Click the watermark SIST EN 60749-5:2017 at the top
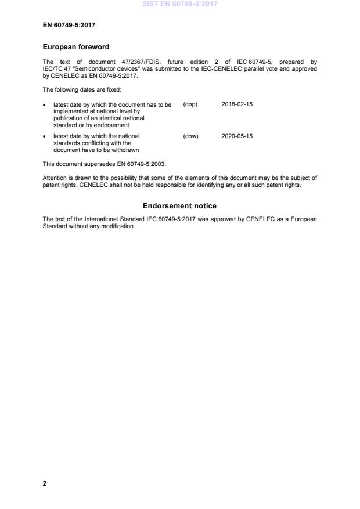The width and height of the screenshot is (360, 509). [179, 4]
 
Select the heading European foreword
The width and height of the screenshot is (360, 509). [76, 47]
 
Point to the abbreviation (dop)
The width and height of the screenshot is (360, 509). [190, 104]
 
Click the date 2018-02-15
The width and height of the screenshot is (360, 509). [237, 104]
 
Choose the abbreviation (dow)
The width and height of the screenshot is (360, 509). [190, 136]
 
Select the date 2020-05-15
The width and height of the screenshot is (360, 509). [237, 136]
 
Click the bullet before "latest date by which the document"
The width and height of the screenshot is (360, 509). [45, 105]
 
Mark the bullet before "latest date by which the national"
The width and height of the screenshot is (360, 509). [45, 137]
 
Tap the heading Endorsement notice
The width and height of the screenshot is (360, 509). [179, 206]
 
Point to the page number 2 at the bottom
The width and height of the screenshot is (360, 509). [45, 483]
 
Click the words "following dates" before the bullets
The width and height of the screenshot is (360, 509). [79, 89]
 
